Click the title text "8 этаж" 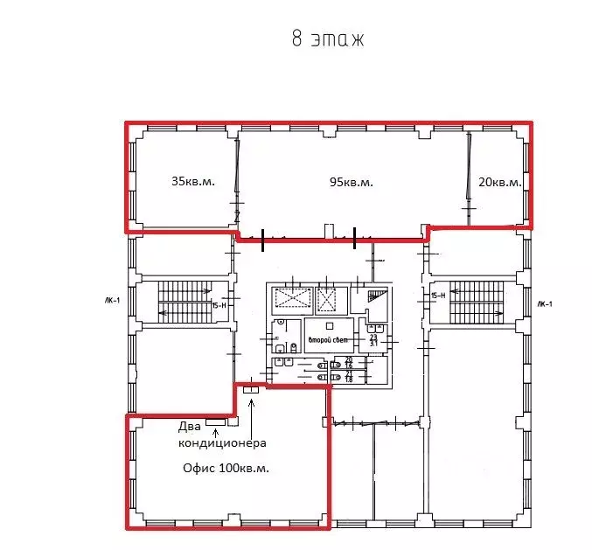(326, 39)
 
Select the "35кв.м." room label (192, 182)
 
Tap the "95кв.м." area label (351, 182)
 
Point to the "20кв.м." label (499, 183)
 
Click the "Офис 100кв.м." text (226, 468)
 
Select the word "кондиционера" (222, 443)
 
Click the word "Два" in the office (190, 428)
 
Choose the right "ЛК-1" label (545, 303)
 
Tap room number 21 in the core (348, 375)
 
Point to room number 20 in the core (348, 362)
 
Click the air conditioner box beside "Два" (216, 421)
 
